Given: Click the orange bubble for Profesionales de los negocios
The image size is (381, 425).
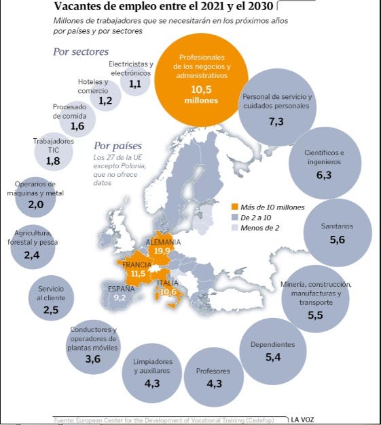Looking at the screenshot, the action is (x=201, y=80).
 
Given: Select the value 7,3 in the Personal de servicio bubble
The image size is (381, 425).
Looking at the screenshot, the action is (x=276, y=122).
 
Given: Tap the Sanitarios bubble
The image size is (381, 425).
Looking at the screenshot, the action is (x=338, y=232).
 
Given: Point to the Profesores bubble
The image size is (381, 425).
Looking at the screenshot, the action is (x=214, y=377).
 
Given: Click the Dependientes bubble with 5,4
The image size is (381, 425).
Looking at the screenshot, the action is (x=273, y=351).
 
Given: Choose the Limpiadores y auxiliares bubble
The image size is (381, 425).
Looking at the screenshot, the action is (x=152, y=373).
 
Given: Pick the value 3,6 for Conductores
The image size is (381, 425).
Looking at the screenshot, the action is (x=93, y=359).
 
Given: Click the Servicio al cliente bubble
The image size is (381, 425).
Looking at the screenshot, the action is (x=51, y=298).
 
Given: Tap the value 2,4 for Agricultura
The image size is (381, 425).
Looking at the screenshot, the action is (x=32, y=255).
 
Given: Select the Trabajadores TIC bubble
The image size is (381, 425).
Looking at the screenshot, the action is (x=54, y=152).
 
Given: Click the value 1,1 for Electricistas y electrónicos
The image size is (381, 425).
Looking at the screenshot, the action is (x=135, y=84).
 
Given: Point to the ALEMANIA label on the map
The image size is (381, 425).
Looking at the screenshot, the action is (x=163, y=242).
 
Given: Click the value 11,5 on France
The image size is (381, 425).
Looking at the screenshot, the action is (x=138, y=273).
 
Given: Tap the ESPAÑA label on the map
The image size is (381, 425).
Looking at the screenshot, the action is (x=121, y=289).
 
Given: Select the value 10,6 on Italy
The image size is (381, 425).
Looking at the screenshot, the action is (x=168, y=292).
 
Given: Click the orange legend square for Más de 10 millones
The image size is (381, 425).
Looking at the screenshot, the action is (x=234, y=207).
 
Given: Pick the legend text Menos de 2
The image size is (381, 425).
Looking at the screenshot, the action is (x=260, y=228).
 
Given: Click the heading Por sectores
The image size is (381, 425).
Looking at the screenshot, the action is (x=81, y=52).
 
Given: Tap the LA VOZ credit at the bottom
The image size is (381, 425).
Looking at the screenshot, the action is (x=302, y=420).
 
